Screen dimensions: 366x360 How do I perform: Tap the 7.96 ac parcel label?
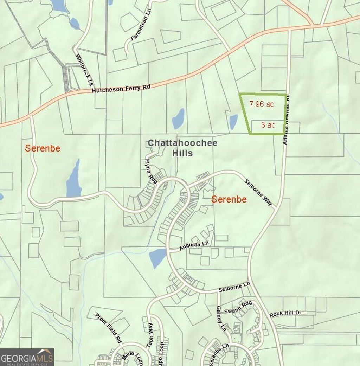(x=262, y=104)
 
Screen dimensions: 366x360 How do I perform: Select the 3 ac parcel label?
(x=268, y=125)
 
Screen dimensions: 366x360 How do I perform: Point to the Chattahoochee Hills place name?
(x=182, y=148)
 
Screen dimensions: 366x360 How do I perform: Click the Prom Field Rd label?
(x=109, y=327)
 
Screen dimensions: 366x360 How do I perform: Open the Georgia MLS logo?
(x=27, y=357)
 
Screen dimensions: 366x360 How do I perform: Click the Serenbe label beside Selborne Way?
(x=229, y=200)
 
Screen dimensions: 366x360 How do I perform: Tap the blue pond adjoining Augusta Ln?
(x=157, y=258)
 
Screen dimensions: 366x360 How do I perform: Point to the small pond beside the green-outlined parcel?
(x=233, y=121)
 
